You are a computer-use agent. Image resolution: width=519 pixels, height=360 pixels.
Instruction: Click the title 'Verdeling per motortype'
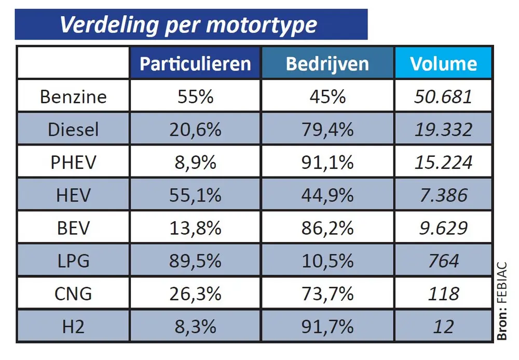point(188,25)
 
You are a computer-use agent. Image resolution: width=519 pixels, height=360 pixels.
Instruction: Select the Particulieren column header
point(195,63)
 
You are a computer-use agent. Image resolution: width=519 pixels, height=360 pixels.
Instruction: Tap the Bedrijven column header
point(327,63)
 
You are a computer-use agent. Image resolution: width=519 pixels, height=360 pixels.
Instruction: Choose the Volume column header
point(443,63)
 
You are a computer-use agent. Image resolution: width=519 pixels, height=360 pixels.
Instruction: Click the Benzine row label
point(73,97)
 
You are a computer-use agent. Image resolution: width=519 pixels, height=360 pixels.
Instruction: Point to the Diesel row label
point(73,129)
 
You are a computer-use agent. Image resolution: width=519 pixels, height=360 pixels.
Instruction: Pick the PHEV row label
point(73,162)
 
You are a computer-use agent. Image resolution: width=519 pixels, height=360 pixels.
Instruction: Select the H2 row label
point(73,326)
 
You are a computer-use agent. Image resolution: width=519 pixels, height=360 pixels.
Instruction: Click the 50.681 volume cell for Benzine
point(443,97)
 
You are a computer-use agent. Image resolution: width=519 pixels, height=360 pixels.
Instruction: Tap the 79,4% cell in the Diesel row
point(327,129)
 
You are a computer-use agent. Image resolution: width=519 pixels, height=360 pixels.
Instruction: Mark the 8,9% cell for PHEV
point(195,162)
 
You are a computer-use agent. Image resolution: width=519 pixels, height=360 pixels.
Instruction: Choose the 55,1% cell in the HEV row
point(195,195)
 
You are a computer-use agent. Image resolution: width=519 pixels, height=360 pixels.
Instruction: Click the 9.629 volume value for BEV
point(443,228)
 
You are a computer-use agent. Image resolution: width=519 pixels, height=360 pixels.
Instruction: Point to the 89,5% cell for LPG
point(195,261)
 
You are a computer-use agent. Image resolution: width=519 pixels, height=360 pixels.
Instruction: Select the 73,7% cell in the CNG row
point(327,294)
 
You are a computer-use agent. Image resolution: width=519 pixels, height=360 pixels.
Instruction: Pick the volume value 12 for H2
point(443,326)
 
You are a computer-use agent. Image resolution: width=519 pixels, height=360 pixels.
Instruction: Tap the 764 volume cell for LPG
point(443,261)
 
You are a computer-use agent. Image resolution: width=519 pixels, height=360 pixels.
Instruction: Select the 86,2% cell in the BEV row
point(327,228)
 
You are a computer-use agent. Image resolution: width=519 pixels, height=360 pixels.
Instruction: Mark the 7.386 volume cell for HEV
point(443,195)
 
